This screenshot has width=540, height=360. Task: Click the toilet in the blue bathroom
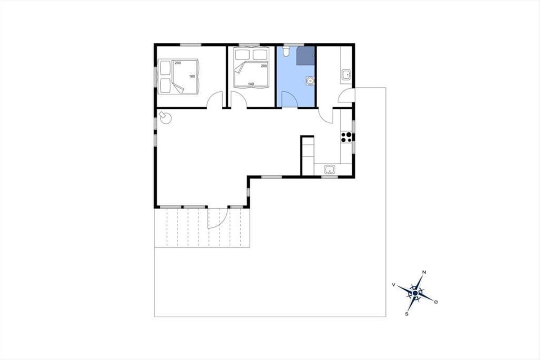point(286,51)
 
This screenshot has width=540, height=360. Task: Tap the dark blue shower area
point(306,56)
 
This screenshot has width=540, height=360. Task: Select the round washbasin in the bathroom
point(310,81)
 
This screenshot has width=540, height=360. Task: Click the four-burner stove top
point(346,137)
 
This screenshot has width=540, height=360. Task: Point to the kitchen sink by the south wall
point(329,170)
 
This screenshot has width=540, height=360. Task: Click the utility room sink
point(346,75)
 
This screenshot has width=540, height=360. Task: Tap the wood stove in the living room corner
point(166,118)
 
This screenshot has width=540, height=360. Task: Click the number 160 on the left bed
point(192,76)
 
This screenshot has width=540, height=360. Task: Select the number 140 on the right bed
point(251,84)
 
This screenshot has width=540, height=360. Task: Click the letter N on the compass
point(424,272)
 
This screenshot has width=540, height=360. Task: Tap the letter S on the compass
point(407,314)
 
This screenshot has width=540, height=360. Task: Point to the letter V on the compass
point(394,285)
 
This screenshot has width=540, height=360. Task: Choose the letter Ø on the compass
point(436,302)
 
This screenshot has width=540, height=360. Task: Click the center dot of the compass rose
point(415,293)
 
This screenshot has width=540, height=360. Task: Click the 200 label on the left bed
point(178,63)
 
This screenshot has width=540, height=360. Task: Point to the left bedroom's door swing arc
point(212,96)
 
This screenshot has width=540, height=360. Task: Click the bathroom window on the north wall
point(293,45)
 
